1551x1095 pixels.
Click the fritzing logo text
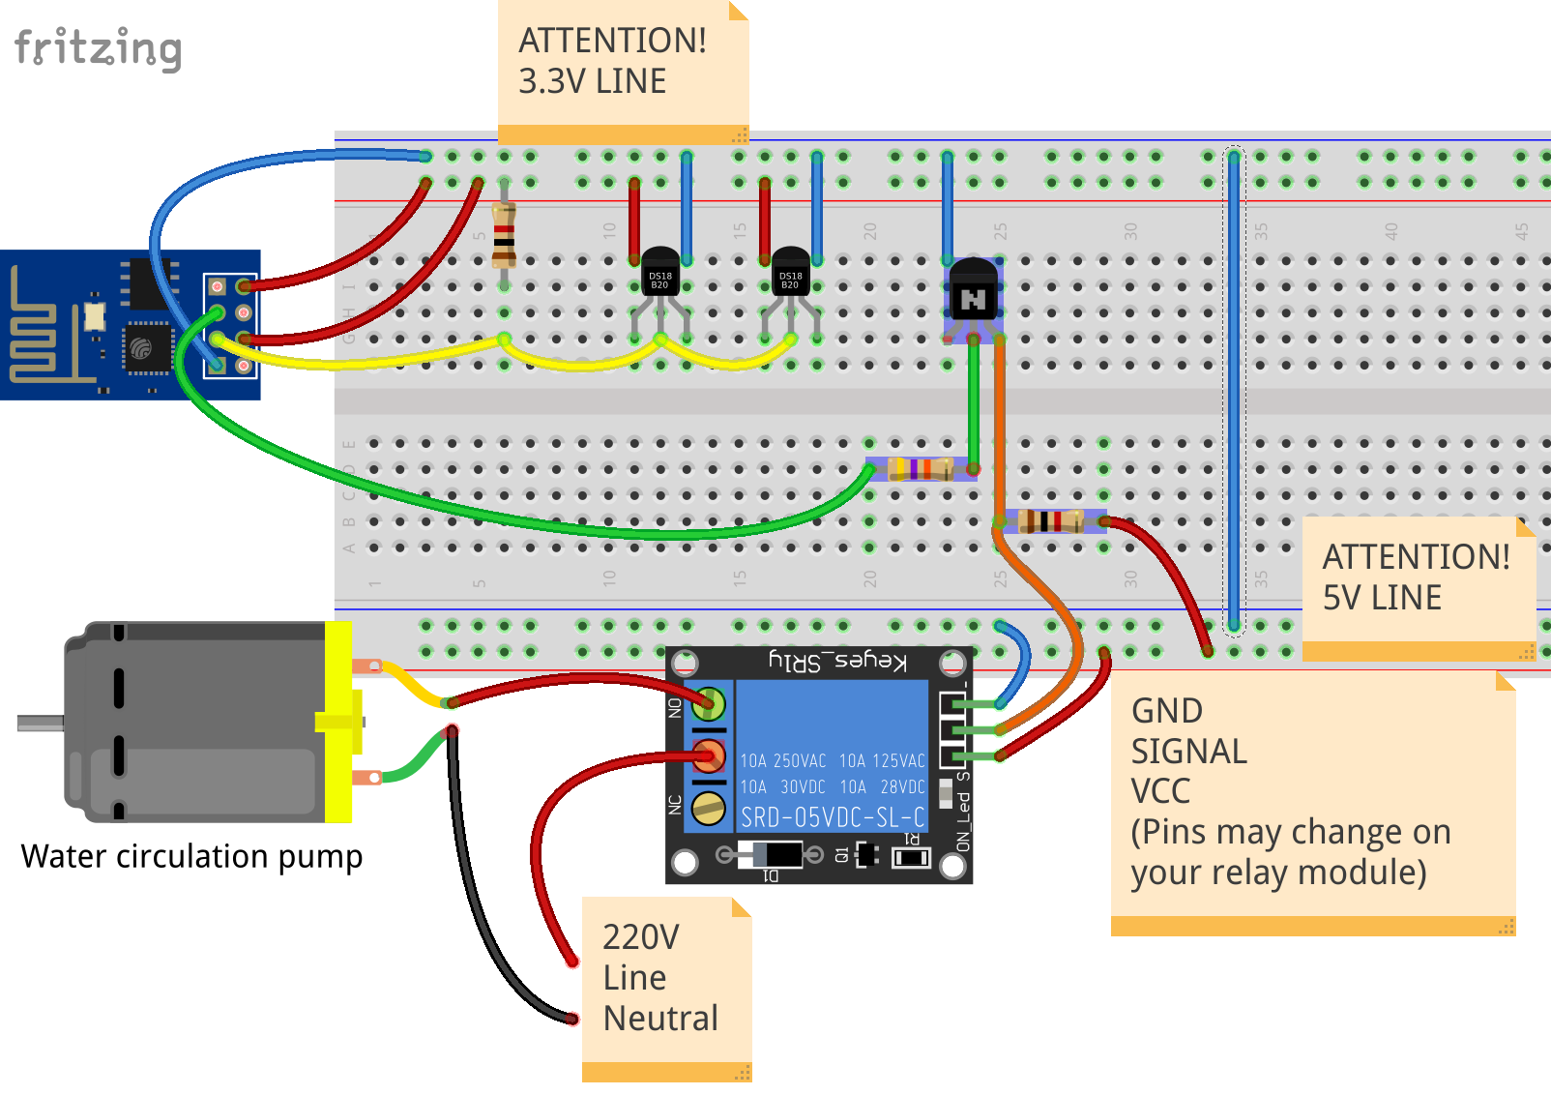point(98,48)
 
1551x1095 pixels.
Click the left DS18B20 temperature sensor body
point(660,274)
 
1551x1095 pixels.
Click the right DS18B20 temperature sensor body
point(791,274)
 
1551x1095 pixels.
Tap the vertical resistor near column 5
point(504,235)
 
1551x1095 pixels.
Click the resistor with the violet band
point(920,470)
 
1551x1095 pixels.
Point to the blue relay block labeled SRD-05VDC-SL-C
point(832,755)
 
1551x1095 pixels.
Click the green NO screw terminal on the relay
point(709,702)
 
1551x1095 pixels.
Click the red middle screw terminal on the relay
point(709,755)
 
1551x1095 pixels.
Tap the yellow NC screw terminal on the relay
point(709,807)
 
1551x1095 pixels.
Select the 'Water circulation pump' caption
point(191,857)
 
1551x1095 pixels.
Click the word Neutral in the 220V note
point(660,1019)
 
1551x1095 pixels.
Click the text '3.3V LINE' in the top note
point(592,81)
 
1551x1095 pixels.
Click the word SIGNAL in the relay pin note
point(1188,752)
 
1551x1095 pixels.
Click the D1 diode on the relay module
point(770,855)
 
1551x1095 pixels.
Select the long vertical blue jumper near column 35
point(1234,387)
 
